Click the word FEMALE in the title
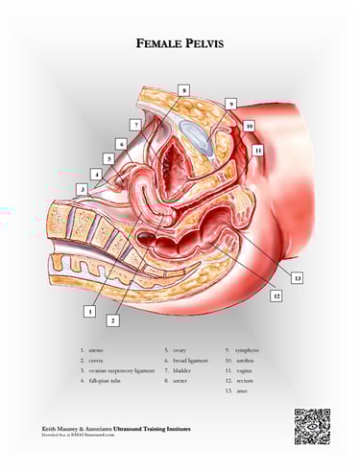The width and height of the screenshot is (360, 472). tap(155, 42)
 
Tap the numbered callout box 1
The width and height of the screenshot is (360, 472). tap(89, 311)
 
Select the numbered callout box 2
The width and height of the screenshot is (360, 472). tap(112, 319)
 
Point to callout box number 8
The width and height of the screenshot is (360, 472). tap(183, 89)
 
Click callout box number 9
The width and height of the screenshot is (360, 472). tap(230, 104)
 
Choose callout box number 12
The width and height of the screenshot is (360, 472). tap(276, 296)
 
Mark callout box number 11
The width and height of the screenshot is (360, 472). tap(257, 151)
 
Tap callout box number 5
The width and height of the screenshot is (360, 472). tap(108, 158)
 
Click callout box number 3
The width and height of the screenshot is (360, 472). tap(83, 190)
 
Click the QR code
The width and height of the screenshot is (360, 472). tap(312, 424)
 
